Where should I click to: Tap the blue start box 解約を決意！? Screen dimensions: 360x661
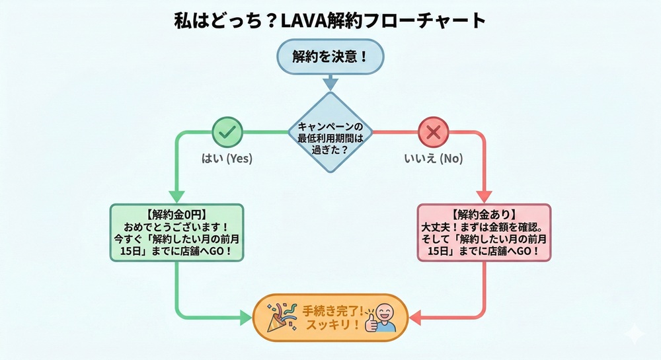tap(330, 56)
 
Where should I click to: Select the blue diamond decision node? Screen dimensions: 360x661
tap(330, 131)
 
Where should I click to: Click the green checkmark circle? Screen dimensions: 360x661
tap(227, 132)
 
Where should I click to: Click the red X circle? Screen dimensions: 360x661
tap(433, 132)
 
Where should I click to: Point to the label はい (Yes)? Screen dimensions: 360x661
tap(227, 159)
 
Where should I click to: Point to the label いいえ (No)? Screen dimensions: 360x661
tap(434, 159)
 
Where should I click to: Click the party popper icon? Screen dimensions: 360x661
tap(280, 317)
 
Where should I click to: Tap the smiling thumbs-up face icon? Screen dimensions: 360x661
tap(381, 317)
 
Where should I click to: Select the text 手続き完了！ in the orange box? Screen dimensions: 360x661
tap(330, 309)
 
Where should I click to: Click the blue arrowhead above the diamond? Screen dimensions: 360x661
tap(330, 84)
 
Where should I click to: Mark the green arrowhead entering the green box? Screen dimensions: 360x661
tap(176, 196)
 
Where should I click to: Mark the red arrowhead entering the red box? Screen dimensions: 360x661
tap(484, 196)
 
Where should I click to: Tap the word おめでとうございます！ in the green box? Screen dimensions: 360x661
tap(176, 227)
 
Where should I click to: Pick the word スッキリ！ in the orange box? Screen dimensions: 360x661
tap(330, 325)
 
